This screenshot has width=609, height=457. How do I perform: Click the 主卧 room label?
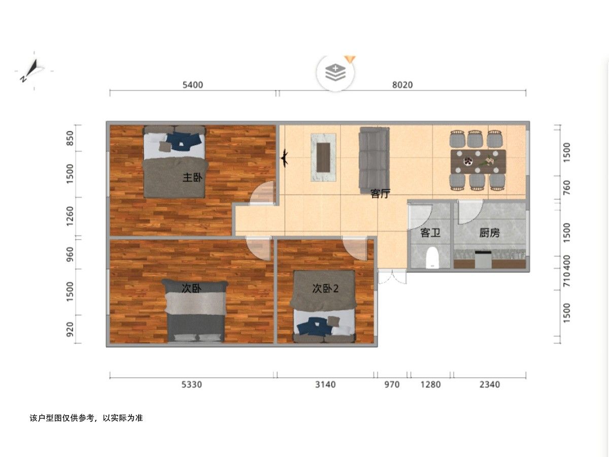coord(192,177)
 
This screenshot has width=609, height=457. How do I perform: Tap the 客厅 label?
coord(381,193)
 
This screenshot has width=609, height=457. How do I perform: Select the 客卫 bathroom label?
coord(430,233)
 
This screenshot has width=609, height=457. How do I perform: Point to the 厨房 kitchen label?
coord(489,233)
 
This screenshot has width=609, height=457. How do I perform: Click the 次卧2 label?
coord(325,288)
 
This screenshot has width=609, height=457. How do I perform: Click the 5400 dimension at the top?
coord(192,85)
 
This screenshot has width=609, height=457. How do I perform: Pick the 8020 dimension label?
coord(402,85)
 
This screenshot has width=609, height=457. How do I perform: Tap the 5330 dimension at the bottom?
coord(191,384)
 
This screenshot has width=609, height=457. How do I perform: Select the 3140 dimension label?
coord(325,384)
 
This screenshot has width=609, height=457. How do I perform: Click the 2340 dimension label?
coord(490,384)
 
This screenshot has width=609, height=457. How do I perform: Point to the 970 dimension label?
coord(392,384)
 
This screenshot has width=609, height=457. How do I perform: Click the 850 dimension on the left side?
coord(70,138)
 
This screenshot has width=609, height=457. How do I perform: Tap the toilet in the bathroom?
coord(432,258)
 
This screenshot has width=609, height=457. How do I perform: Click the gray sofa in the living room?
coord(374,160)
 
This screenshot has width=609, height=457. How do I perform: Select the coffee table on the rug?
coord(323,157)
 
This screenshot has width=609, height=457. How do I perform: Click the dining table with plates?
coord(479,162)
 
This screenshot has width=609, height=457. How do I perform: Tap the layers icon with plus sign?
coord(335,73)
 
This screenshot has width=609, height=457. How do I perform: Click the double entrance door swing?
coord(392,277)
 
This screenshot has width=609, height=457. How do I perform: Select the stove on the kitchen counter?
coord(483,259)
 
